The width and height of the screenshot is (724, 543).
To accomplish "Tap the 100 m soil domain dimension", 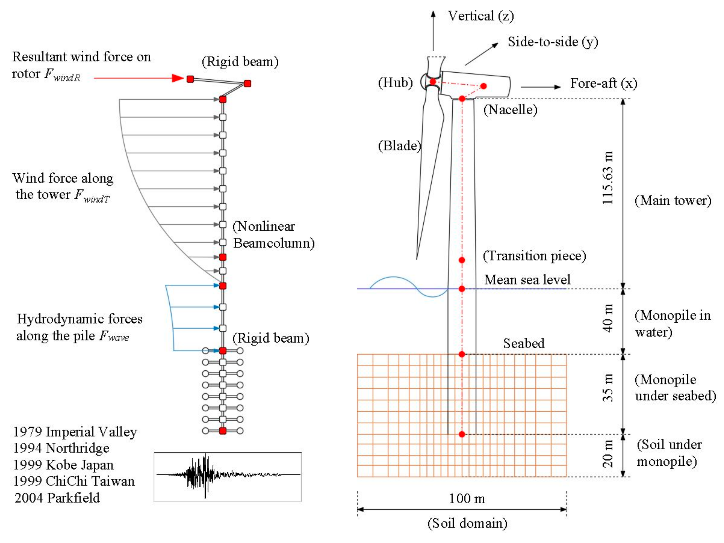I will [x=467, y=499].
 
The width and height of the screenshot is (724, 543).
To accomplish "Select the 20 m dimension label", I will [x=608, y=453].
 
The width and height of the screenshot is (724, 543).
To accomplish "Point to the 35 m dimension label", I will [x=608, y=388].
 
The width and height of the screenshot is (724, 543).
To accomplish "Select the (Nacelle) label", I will [x=511, y=110].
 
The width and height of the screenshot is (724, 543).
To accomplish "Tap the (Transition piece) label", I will [x=535, y=256].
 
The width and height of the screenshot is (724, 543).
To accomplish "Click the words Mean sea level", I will [x=527, y=280].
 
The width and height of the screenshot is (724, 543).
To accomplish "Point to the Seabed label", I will [x=524, y=343].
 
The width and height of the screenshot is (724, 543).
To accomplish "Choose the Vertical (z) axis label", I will [x=481, y=16].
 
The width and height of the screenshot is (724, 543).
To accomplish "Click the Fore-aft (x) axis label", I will [x=604, y=83].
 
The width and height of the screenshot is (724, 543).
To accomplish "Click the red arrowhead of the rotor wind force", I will [x=178, y=78].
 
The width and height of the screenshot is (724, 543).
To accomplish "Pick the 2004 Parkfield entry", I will [x=57, y=498].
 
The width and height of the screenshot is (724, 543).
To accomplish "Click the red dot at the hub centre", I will [x=433, y=81].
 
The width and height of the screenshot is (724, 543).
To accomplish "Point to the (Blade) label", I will [x=399, y=146].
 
